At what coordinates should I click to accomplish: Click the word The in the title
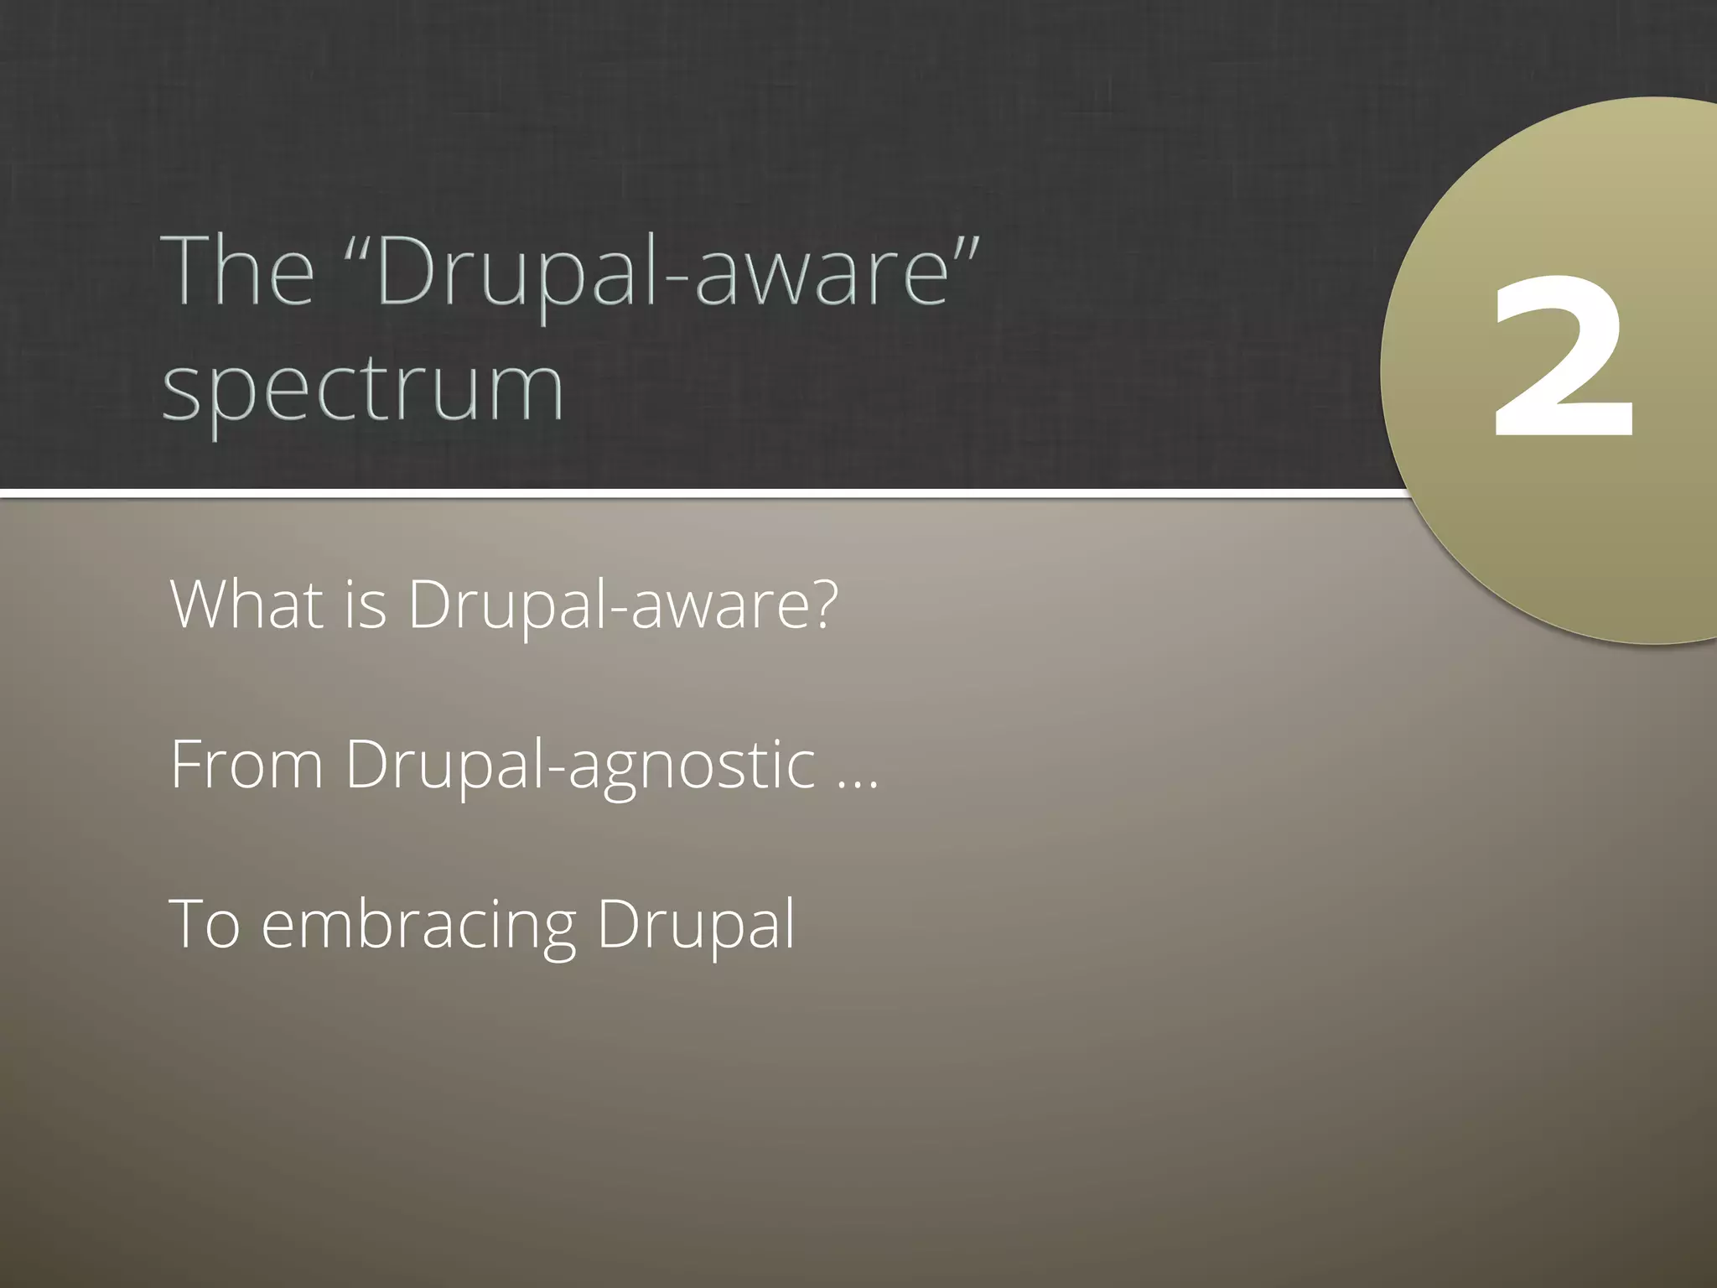point(241,272)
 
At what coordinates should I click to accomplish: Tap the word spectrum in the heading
point(362,389)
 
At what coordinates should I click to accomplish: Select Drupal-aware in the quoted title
point(662,273)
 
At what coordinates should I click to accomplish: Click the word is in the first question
point(366,604)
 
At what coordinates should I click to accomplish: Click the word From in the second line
point(246,765)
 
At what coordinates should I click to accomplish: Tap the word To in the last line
point(205,924)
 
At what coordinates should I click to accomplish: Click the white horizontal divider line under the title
point(671,493)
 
